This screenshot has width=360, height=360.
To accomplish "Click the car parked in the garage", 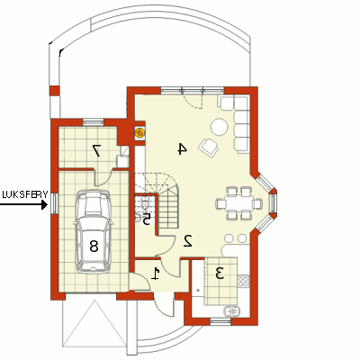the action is tap(93, 231).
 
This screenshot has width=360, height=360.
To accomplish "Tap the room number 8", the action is tap(94, 247).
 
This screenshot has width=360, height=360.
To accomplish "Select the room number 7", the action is tap(96, 150).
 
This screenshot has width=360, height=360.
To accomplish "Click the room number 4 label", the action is tap(183, 148).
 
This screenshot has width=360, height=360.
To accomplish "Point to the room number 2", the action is tap(188, 240).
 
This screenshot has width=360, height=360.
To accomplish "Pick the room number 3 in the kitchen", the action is tap(220, 274).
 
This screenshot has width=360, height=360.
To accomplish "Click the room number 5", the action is tap(146, 220).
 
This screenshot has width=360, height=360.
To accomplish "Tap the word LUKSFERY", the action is tap(25, 194).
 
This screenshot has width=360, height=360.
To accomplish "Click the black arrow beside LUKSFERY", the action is tap(23, 205).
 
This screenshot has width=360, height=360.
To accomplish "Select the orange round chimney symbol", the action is tap(139, 132).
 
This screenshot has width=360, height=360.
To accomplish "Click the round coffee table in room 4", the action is tap(220, 127).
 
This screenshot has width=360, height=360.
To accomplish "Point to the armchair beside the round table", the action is tap(208, 147).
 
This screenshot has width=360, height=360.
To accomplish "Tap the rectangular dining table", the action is tap(239, 204).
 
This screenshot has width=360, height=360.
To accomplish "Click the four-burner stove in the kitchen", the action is tap(243, 281).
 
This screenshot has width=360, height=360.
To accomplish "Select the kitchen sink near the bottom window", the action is tap(231, 311).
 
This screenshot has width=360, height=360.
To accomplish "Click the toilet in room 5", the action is tap(145, 202).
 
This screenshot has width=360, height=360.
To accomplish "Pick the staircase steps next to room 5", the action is tap(168, 210).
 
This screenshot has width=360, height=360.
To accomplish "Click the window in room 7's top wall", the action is tap(93, 122).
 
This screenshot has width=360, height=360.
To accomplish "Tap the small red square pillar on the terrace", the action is tap(55, 91).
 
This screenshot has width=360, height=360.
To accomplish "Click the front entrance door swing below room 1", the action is tap(165, 306).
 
